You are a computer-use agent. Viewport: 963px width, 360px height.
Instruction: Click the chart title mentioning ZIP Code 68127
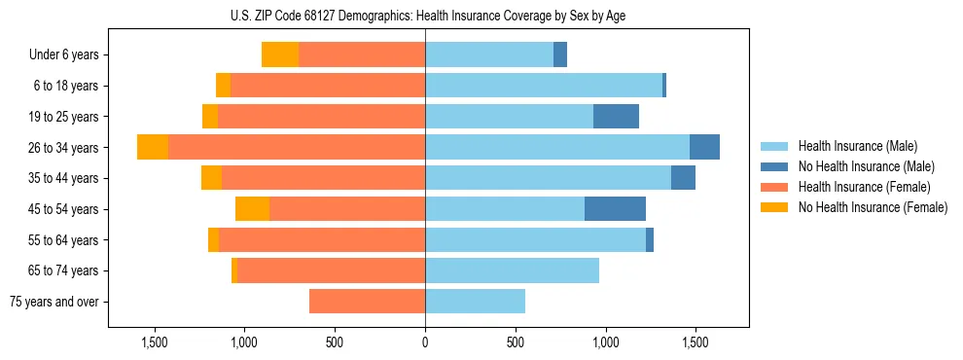tap(425, 16)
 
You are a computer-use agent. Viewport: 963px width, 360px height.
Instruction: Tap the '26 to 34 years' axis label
tap(63, 148)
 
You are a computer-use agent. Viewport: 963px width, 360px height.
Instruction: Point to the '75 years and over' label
tap(54, 302)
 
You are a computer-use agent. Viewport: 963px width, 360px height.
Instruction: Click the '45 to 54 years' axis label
tap(63, 209)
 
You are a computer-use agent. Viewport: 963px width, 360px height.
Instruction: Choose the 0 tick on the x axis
tap(425, 342)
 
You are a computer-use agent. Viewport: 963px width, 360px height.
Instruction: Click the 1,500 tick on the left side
tap(155, 342)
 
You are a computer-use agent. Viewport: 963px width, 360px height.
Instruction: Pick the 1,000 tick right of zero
tap(605, 342)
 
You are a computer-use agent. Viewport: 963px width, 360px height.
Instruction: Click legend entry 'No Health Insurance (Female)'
tap(873, 207)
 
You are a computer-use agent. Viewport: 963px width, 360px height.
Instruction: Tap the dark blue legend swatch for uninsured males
tap(775, 166)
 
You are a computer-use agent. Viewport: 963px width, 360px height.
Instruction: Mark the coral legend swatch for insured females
tap(775, 187)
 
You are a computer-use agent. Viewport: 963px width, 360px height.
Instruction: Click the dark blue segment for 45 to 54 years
tap(615, 209)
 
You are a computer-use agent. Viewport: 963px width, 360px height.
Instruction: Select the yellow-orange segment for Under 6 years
tap(280, 55)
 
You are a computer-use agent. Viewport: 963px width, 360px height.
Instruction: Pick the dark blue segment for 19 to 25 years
tap(616, 117)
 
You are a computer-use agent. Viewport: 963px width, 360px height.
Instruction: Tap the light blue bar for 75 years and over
tap(475, 302)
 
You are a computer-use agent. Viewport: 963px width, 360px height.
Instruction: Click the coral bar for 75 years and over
tap(367, 302)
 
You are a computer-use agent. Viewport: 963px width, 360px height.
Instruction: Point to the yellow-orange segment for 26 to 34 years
tap(153, 148)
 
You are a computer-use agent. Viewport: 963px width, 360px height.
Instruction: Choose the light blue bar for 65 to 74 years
tap(512, 270)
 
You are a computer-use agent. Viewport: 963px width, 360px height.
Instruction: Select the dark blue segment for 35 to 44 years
tap(683, 178)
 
